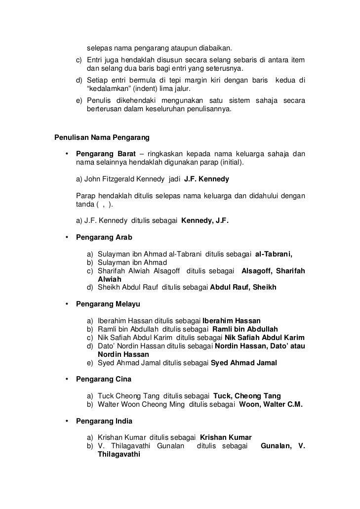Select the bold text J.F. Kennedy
point(206,178)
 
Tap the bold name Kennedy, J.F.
point(205,221)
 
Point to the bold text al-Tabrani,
point(274,254)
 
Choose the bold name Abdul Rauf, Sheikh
point(243,287)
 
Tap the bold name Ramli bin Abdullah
point(245,329)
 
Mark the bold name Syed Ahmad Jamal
point(243,362)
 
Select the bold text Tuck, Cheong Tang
point(247,396)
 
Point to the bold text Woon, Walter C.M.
point(271,404)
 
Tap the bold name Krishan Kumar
point(226,438)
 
